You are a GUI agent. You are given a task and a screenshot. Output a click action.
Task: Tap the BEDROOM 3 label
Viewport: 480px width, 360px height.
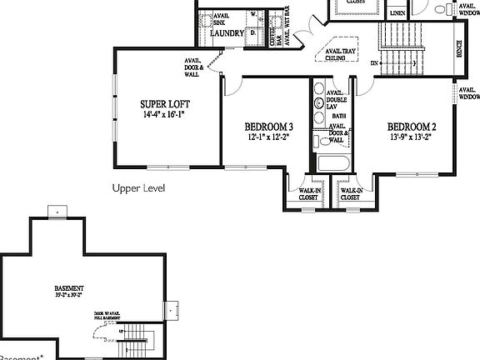pyautogui.click(x=268, y=127)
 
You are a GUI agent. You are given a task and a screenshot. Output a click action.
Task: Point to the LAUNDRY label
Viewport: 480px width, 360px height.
pyautogui.click(x=228, y=33)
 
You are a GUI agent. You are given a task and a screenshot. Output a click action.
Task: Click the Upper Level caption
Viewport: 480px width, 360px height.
pyautogui.click(x=138, y=189)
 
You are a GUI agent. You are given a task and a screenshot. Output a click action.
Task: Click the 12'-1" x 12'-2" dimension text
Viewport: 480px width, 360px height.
pyautogui.click(x=268, y=137)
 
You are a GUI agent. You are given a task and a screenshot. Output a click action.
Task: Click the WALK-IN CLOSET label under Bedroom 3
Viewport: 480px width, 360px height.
pyautogui.click(x=311, y=194)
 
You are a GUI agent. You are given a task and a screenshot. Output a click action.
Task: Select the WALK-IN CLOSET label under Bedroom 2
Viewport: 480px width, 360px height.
pyautogui.click(x=350, y=194)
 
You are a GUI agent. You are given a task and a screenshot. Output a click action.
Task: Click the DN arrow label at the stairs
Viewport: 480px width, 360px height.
pyautogui.click(x=375, y=63)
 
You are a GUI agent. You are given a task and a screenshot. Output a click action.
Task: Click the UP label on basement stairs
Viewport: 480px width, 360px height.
pyautogui.click(x=122, y=332)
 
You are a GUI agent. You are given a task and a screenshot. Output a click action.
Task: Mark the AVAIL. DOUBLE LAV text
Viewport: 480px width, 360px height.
pyautogui.click(x=337, y=99)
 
